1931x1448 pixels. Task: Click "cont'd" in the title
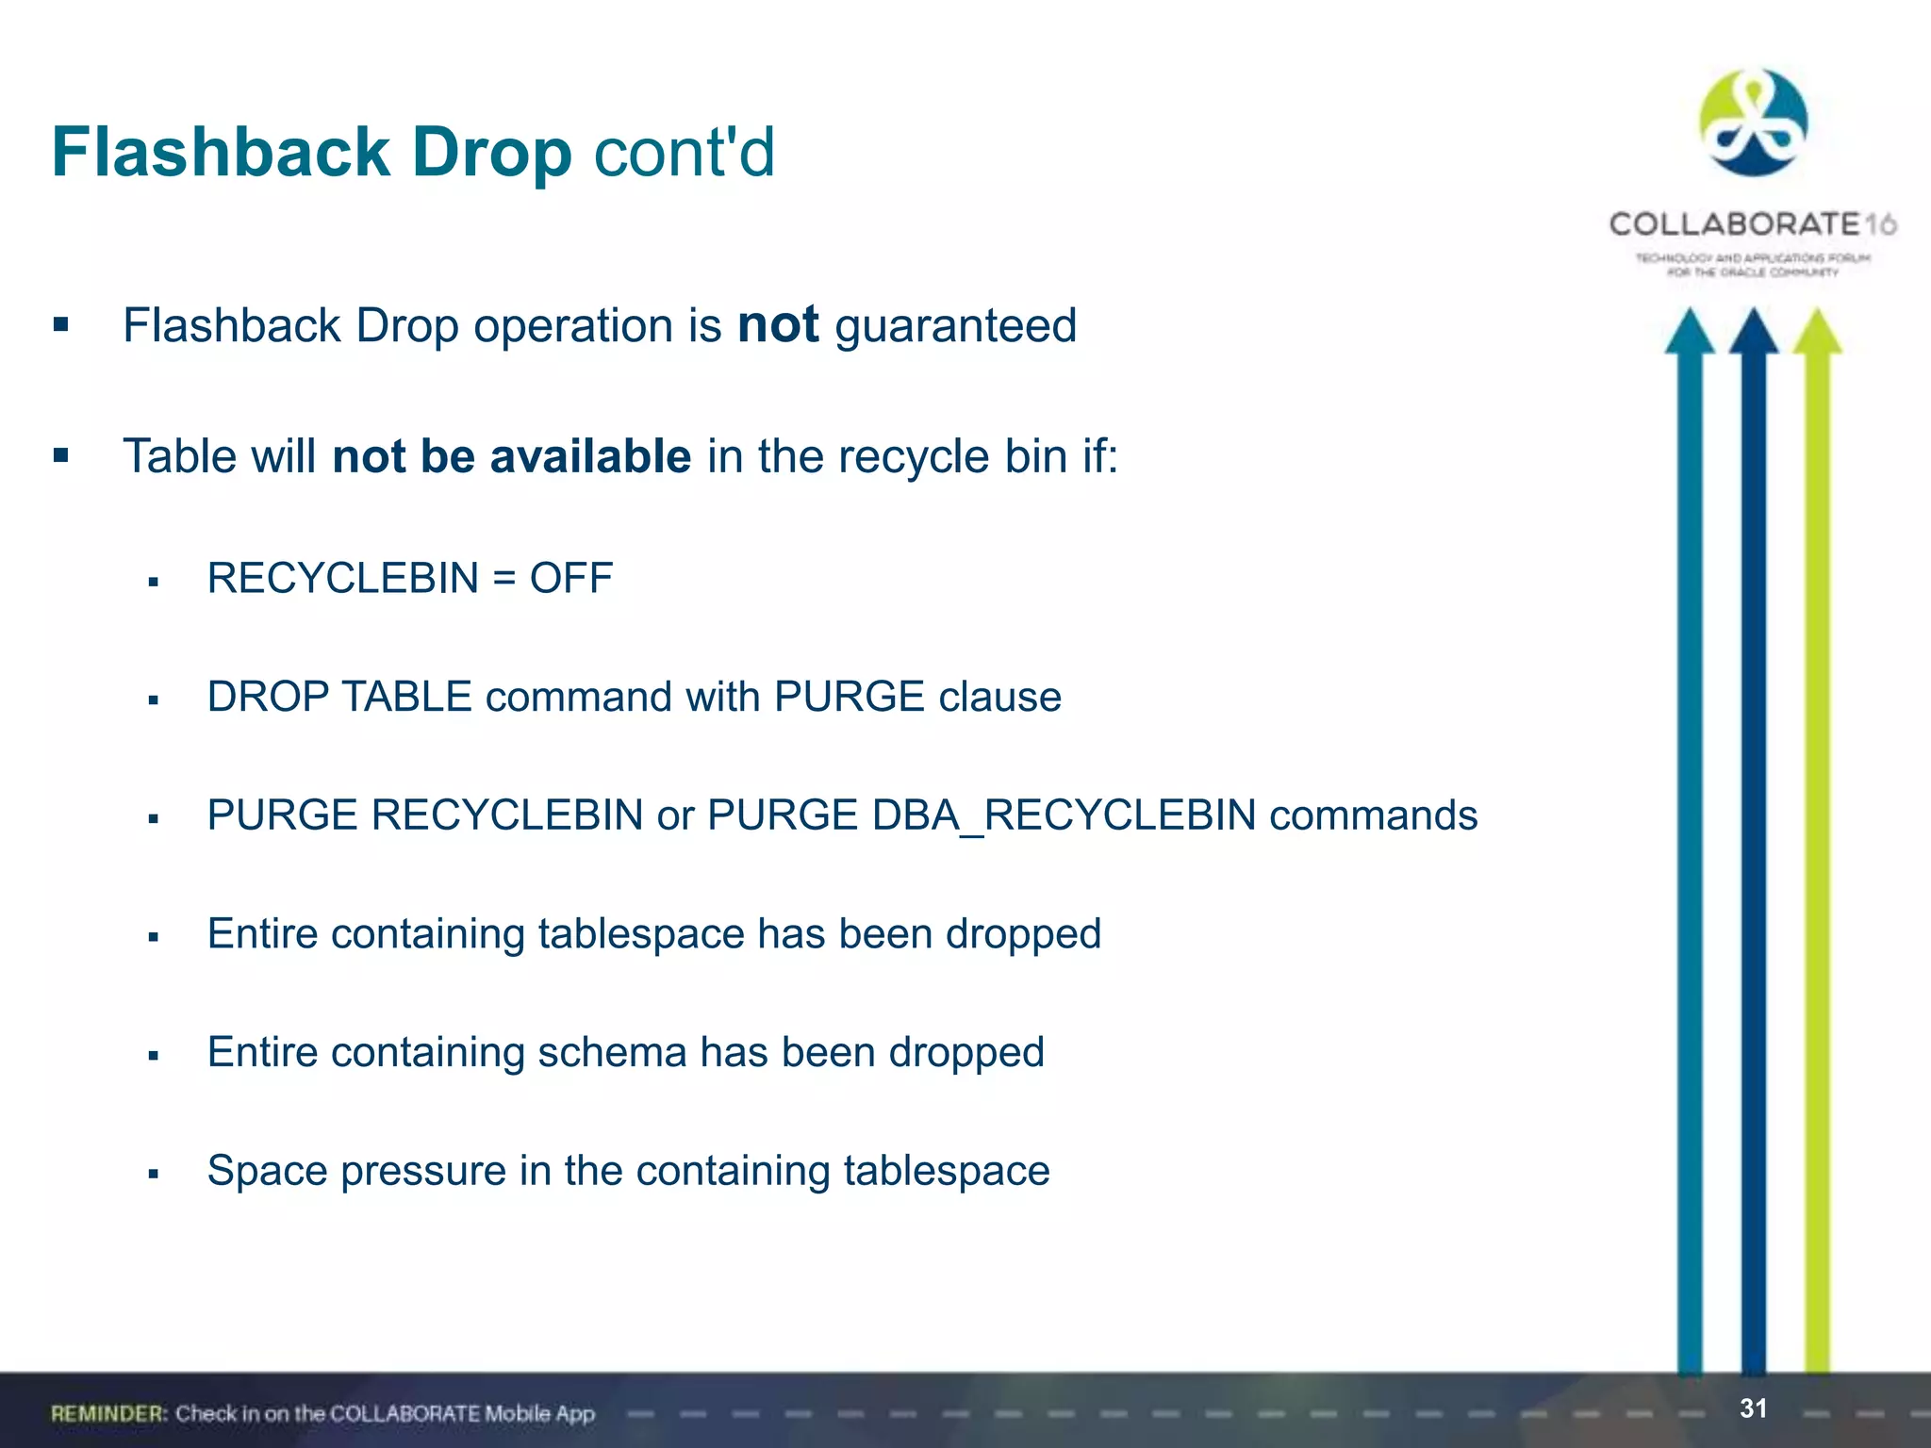(x=684, y=153)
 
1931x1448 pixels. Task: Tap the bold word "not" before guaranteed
(x=778, y=325)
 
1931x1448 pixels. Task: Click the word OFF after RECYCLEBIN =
(x=571, y=578)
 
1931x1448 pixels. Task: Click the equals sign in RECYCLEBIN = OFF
(x=504, y=578)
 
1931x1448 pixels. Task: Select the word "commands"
(x=1374, y=815)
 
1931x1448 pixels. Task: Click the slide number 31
(x=1753, y=1408)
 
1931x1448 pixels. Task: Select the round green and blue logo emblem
(x=1753, y=123)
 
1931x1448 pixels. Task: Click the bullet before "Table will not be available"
(x=61, y=456)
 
